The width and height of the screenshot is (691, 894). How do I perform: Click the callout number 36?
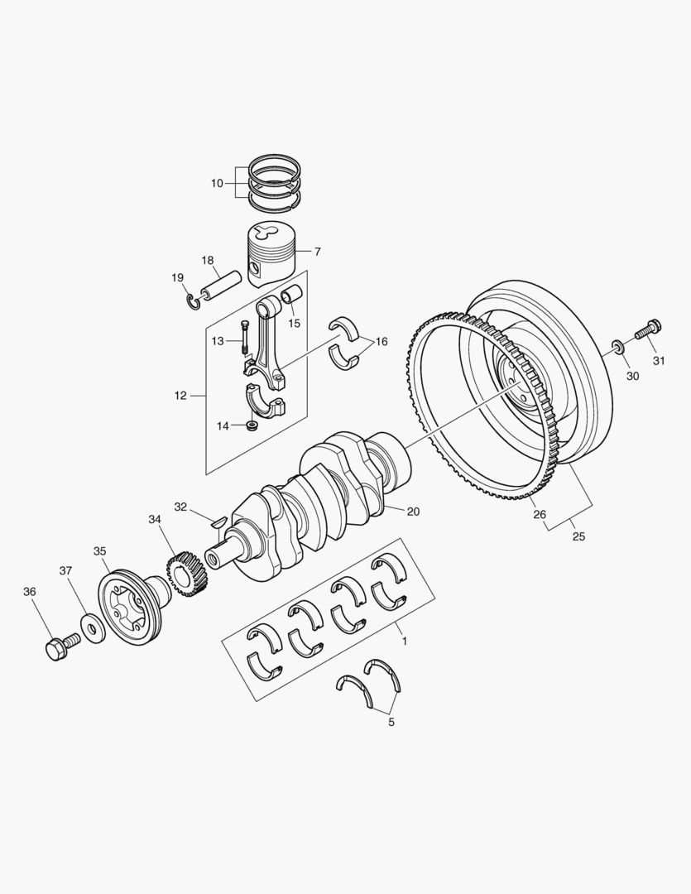pos(30,592)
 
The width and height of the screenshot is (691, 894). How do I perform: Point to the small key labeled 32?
pos(219,521)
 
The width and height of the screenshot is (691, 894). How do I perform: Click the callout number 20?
pos(413,512)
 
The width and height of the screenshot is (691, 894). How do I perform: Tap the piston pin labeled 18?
pos(223,281)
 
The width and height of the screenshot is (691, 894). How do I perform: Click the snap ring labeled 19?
pos(192,301)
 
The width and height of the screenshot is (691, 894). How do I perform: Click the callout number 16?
pos(381,342)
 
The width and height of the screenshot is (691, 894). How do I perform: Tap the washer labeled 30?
pos(618,344)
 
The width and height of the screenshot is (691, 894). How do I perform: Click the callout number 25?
pos(578,536)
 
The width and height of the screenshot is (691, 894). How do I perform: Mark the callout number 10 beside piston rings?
pos(217,183)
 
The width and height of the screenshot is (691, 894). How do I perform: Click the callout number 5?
pos(391,722)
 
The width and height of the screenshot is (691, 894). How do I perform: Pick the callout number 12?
pos(180,396)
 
